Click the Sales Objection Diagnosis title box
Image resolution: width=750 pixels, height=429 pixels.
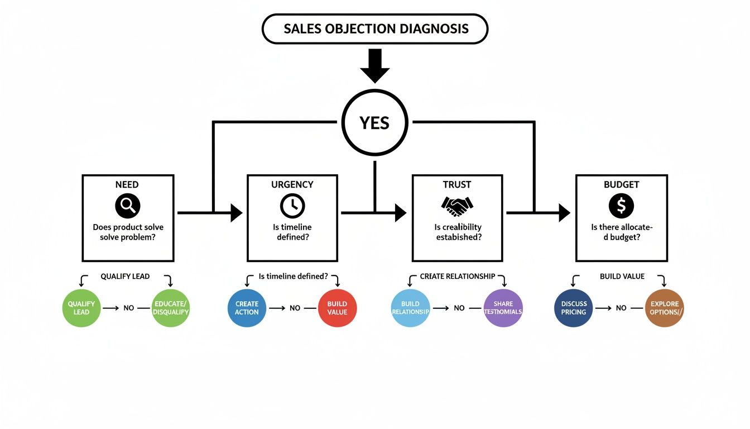pos(374,29)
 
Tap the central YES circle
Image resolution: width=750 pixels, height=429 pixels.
pos(374,122)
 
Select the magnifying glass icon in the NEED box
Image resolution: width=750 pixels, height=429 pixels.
pos(127,206)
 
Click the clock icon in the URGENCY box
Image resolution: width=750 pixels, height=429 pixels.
pos(292,206)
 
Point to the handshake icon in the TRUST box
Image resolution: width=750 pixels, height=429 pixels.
pos(457,206)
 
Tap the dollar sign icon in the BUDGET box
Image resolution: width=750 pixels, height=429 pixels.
pos(621,206)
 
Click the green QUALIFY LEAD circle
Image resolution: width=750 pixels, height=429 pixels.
pos(81,308)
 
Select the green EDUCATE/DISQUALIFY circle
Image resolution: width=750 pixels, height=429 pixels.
pos(171,308)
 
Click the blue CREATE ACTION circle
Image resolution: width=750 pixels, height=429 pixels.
pos(247,308)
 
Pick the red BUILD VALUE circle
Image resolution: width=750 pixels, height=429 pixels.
pos(337,308)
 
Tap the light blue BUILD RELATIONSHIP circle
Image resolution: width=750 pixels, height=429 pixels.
pos(411,308)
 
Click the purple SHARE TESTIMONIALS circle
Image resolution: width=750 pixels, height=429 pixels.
pos(503,308)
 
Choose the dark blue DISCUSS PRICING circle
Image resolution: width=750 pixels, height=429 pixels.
pos(574,308)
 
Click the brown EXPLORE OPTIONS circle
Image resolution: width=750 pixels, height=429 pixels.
pos(664,308)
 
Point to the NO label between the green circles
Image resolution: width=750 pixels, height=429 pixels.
pos(129,308)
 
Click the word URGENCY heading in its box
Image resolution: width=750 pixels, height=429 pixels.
pos(292,184)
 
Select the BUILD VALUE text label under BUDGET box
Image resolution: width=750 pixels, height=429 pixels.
pos(622,277)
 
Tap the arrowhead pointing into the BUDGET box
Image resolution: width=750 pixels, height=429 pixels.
pos(564,212)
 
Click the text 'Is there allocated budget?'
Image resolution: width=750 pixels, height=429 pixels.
pos(621,232)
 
